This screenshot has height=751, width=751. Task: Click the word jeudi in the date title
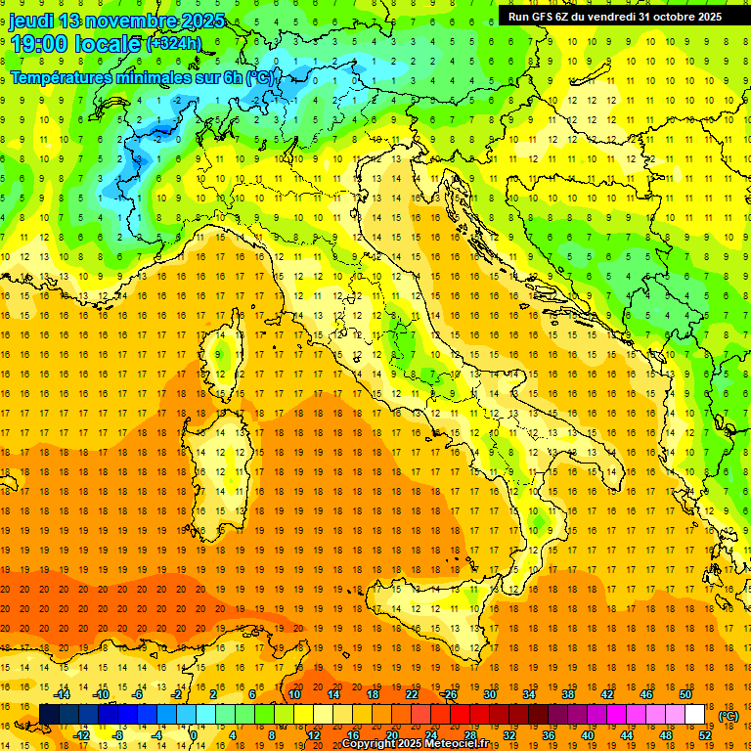[x=31, y=21]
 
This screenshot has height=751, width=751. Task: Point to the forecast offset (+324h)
[x=173, y=44]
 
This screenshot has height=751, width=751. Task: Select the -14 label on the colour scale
[x=63, y=694]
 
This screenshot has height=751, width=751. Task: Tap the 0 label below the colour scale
[x=193, y=735]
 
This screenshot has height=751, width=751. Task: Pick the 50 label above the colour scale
[x=685, y=694]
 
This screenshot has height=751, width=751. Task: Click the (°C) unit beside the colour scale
[x=729, y=716]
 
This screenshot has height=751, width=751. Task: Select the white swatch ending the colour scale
[x=695, y=715]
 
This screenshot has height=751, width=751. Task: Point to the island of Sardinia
[x=220, y=450]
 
